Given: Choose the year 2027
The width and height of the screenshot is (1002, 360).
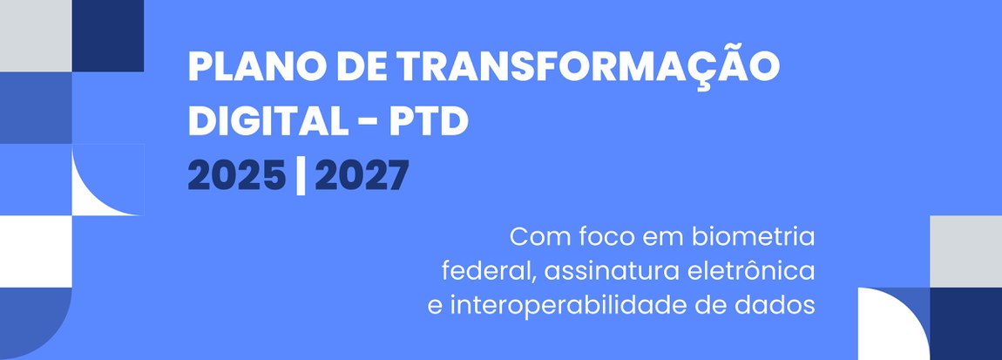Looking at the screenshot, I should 361,177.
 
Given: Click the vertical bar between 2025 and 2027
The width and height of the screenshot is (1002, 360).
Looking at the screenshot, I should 300,177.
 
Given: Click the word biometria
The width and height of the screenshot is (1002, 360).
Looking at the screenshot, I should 752,236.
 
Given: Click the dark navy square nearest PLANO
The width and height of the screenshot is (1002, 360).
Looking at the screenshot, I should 108,35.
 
